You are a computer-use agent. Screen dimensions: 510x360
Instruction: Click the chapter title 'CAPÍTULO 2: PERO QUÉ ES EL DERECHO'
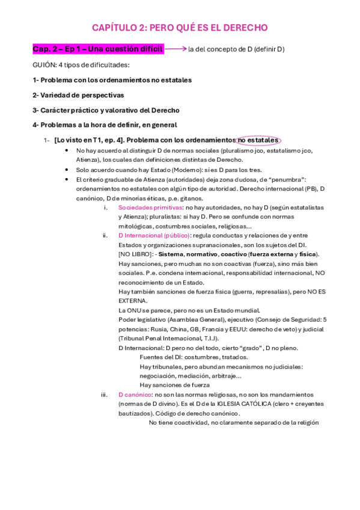coord(180,28)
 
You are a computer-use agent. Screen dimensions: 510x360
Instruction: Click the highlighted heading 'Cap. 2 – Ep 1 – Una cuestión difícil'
coord(97,49)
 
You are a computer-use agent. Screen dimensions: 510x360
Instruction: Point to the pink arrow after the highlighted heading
coord(175,48)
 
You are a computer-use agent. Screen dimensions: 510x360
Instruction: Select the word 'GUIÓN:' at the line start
coord(44,64)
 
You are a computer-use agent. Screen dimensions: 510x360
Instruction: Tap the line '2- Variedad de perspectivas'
coord(78,95)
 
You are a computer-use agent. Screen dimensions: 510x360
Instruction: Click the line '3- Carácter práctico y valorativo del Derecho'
coord(106,110)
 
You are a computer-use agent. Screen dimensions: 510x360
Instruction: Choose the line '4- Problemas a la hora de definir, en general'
coord(105,125)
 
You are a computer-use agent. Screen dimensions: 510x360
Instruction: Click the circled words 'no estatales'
coord(258,140)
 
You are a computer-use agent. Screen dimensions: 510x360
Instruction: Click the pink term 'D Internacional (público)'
coord(154,235)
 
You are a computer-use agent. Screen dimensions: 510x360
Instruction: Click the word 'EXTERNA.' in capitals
coord(132,300)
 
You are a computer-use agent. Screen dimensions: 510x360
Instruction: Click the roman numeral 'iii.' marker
coord(104,395)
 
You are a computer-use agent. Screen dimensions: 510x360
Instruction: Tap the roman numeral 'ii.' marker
coord(105,235)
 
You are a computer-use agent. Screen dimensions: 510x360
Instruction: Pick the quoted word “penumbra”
coord(287,179)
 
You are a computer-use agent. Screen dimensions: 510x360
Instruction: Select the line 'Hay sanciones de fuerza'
coord(174,385)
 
